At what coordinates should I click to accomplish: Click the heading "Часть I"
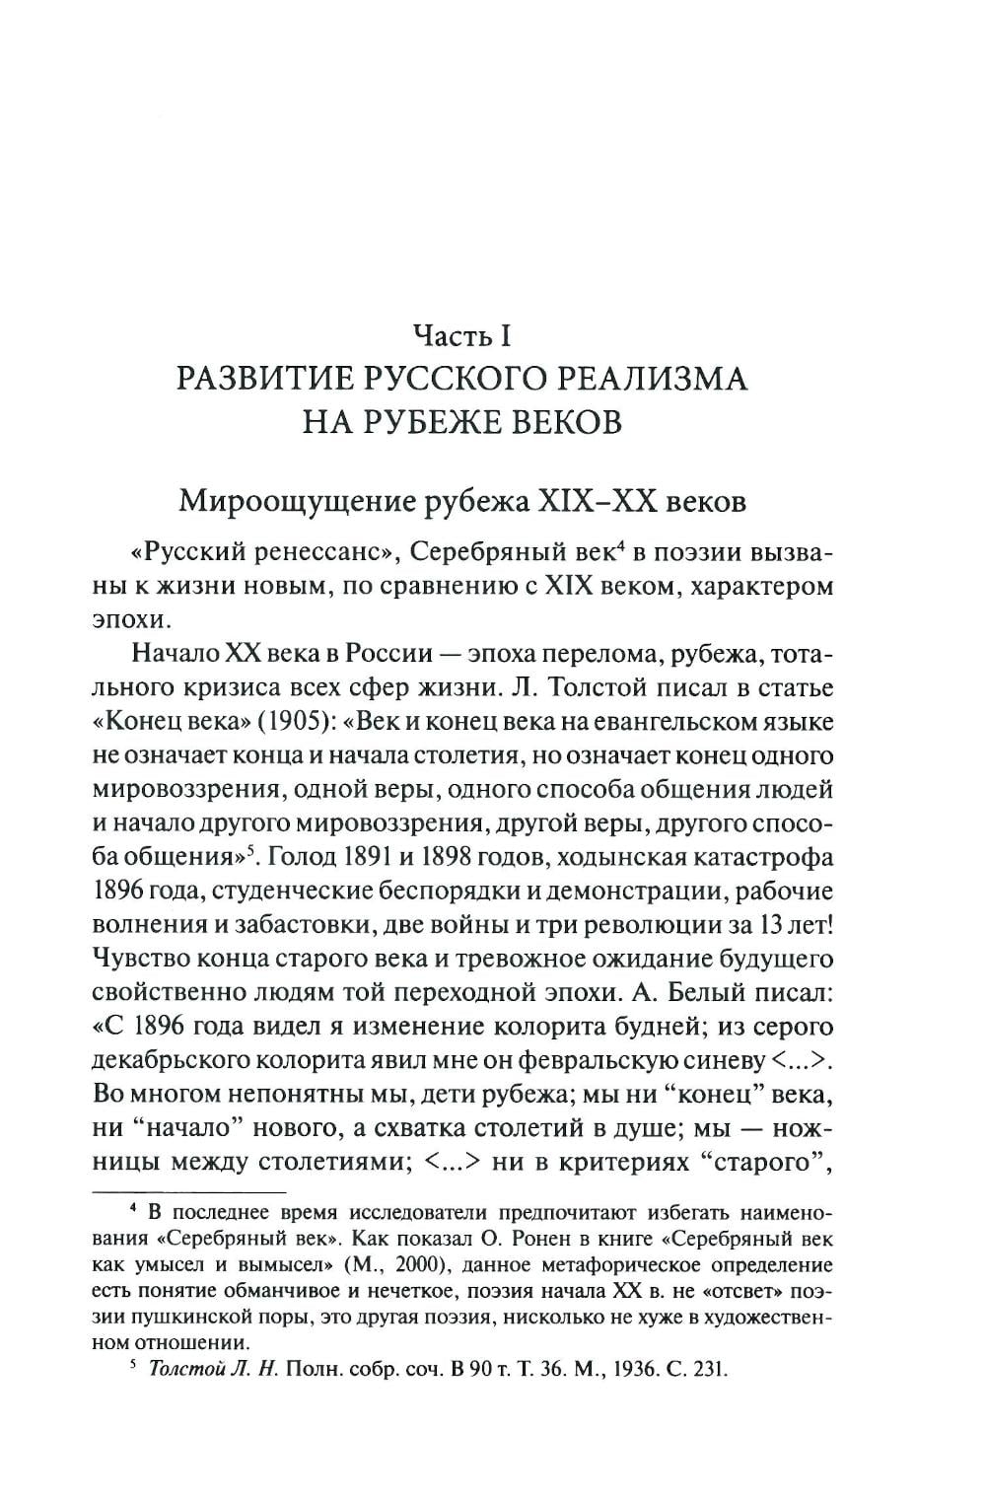click(460, 336)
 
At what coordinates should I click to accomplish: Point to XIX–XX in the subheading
click(599, 502)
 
